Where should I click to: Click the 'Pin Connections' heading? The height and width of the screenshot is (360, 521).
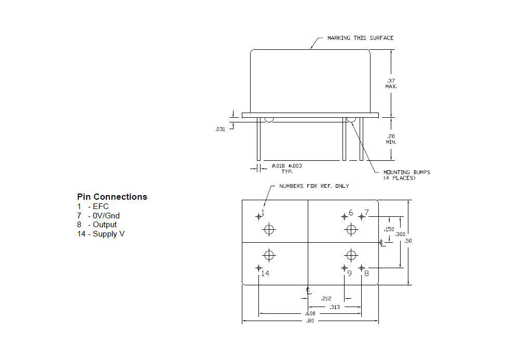click(x=112, y=197)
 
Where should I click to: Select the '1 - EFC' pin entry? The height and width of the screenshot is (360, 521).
click(x=93, y=206)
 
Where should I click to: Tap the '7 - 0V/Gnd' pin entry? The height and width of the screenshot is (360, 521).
click(x=99, y=216)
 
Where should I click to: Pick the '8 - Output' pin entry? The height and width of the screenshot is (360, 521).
click(x=97, y=225)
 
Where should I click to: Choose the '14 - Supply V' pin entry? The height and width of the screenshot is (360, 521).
click(x=101, y=234)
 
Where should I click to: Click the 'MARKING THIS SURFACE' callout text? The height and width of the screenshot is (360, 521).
click(x=360, y=38)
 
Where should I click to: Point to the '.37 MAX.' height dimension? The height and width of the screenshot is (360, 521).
click(x=391, y=84)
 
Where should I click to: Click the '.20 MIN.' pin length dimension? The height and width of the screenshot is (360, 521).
click(x=391, y=139)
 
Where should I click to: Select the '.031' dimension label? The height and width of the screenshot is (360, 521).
click(x=220, y=129)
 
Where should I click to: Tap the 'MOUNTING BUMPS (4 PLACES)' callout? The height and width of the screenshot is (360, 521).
click(x=407, y=175)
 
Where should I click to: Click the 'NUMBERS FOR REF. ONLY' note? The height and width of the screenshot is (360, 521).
click(x=314, y=186)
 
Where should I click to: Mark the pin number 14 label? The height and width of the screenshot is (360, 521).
click(x=265, y=273)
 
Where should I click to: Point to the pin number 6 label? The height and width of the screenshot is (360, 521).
click(x=351, y=213)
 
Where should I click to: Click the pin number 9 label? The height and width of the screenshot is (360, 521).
click(x=349, y=273)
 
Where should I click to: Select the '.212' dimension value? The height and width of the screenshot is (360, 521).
click(x=326, y=299)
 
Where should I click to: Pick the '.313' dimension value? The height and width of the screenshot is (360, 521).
click(x=335, y=307)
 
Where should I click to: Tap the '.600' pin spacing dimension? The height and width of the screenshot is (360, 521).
click(x=310, y=313)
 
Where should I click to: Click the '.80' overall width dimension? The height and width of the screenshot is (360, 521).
click(x=310, y=321)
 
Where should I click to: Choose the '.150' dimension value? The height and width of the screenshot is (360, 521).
click(x=389, y=229)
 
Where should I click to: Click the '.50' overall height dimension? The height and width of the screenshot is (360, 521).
click(x=408, y=241)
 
